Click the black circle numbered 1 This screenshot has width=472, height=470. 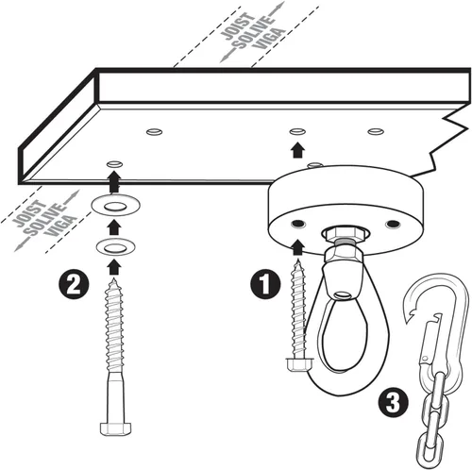pos(265,284)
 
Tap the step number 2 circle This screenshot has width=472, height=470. pos(75,285)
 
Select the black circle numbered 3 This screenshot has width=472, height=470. pos(394,403)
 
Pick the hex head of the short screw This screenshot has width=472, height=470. pos(299,364)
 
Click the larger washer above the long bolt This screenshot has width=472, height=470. pos(115,206)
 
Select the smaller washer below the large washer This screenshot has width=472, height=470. pos(115,247)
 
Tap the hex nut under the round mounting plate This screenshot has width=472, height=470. pos(345,234)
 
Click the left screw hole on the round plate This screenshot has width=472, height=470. pos(298,224)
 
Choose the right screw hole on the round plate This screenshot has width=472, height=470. pos(393,224)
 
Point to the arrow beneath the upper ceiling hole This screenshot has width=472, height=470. pos(297,150)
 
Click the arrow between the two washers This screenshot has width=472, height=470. pos(114,227)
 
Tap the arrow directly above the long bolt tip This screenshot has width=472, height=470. pos(114,267)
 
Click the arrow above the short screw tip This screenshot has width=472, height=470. pos(297,247)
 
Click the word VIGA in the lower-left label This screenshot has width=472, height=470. pos(61,226)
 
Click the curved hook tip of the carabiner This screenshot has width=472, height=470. pos(410,311)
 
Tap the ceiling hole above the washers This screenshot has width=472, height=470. pos(114,164)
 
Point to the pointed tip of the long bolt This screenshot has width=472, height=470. pos(114,279)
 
